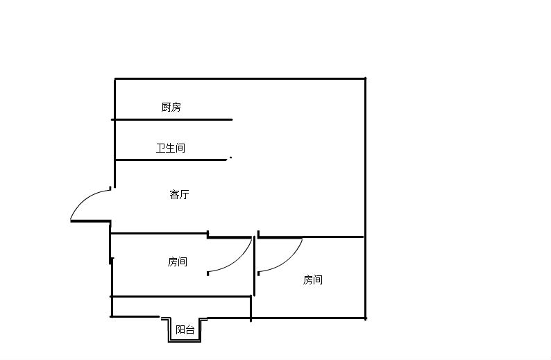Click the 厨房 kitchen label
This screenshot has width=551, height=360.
[x=171, y=107]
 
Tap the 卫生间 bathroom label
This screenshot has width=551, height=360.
[x=171, y=148]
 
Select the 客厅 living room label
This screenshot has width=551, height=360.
[x=179, y=195]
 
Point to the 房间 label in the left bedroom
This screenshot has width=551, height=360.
[x=177, y=262]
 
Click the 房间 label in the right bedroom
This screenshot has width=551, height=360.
[x=313, y=280]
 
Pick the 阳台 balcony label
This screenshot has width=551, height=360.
[x=185, y=330]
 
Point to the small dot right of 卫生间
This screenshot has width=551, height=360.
[x=230, y=157]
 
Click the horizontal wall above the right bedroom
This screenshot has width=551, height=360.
[x=312, y=237]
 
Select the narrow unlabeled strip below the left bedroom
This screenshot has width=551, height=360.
[x=180, y=307]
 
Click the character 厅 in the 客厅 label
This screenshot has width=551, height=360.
[x=184, y=195]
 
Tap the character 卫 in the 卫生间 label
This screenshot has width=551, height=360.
[x=161, y=148]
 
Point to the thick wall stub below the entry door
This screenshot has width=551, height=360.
[x=91, y=221]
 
